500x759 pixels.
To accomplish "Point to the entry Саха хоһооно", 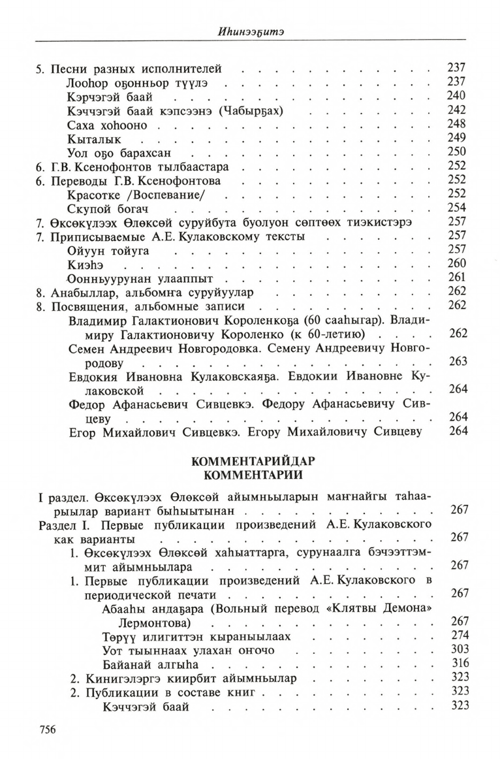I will coord(107,125).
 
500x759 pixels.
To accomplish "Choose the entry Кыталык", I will coord(94,139).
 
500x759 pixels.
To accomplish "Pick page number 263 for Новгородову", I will coord(459,361).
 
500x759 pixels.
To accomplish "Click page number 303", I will coord(459,650).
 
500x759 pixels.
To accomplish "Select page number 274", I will coord(459,636).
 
